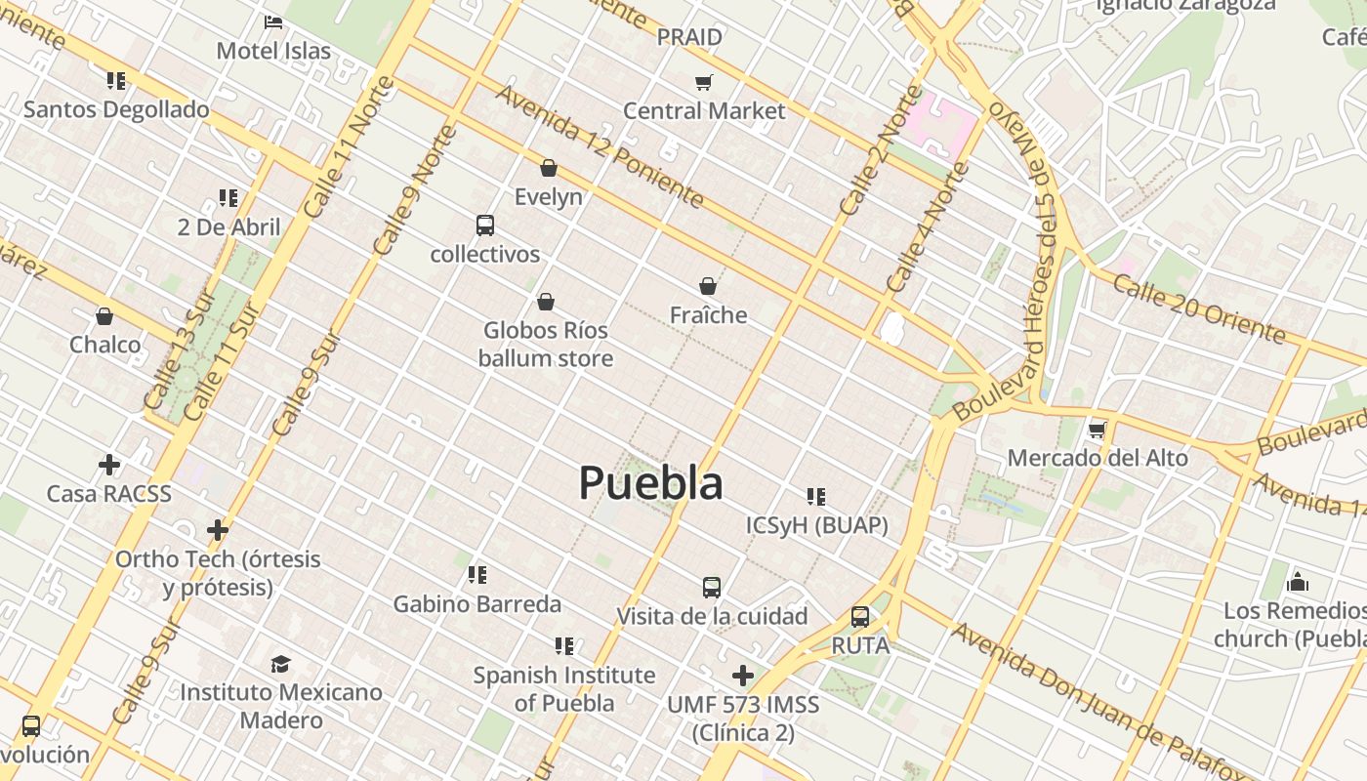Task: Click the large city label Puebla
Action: click(x=650, y=483)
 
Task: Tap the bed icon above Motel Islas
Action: click(x=273, y=21)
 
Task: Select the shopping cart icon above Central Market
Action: click(x=704, y=82)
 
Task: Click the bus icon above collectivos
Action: click(x=485, y=226)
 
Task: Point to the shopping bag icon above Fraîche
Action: click(x=708, y=286)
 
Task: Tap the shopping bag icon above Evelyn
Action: click(x=549, y=168)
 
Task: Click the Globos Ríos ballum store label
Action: click(x=546, y=345)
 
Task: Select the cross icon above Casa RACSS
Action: click(x=109, y=465)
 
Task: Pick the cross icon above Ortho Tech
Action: click(x=218, y=530)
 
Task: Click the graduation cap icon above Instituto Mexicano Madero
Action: click(x=281, y=664)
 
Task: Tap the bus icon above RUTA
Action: click(x=860, y=617)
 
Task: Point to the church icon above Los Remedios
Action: click(x=1298, y=582)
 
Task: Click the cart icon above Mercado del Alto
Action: click(x=1098, y=430)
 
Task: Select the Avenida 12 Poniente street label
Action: click(x=600, y=146)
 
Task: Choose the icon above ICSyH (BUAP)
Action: click(x=816, y=497)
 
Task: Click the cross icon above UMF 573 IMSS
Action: click(x=743, y=676)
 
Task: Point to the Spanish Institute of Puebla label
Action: click(x=564, y=688)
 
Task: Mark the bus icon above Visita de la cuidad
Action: click(x=712, y=588)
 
